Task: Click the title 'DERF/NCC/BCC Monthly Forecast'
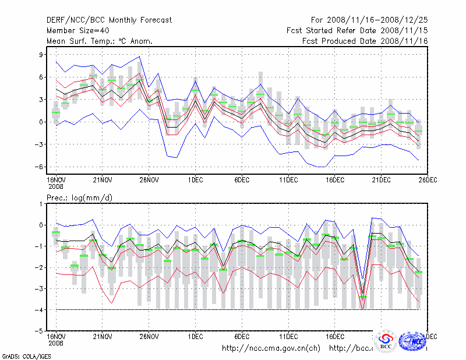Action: tap(109, 20)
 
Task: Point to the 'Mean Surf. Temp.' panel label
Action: tap(100, 41)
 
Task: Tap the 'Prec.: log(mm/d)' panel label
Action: tap(80, 198)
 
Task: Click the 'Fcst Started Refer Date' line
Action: tap(358, 30)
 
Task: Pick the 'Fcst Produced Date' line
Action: tap(365, 41)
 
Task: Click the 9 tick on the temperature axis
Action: tap(42, 55)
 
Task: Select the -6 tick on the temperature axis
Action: tap(40, 167)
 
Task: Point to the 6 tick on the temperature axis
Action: tap(42, 77)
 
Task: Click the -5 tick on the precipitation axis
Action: tap(40, 330)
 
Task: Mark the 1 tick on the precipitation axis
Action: tap(42, 204)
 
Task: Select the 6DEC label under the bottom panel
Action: tap(242, 336)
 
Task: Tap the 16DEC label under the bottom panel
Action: tap(335, 336)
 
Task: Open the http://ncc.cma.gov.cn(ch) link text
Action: tap(271, 348)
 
